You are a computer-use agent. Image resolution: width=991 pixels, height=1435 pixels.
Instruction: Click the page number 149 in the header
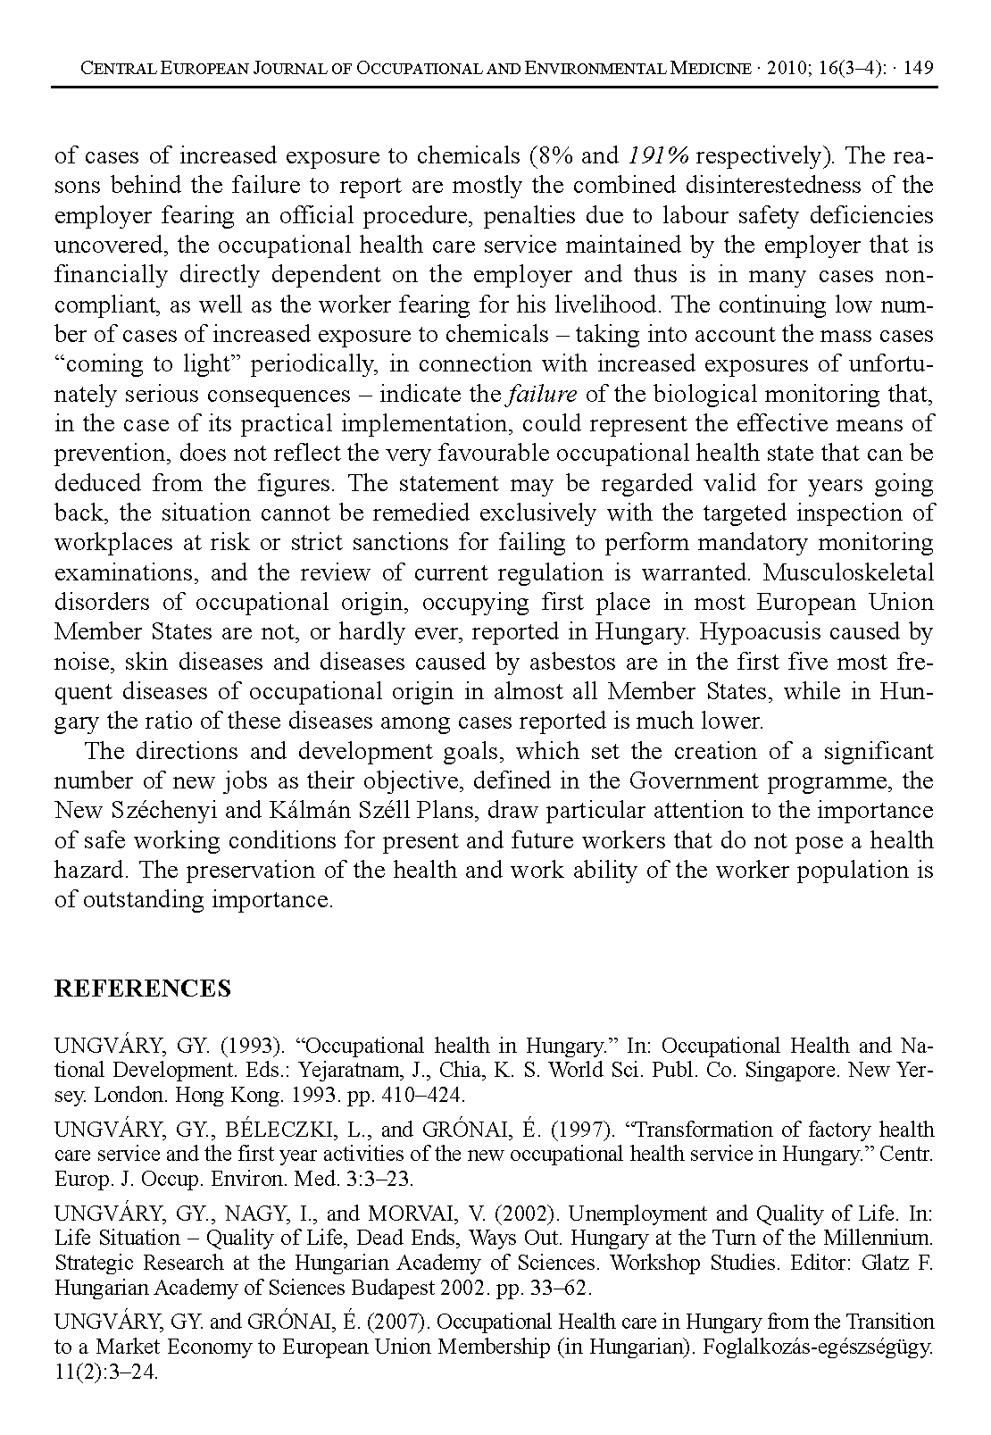(919, 69)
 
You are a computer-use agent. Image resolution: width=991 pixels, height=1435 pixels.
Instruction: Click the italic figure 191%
(657, 156)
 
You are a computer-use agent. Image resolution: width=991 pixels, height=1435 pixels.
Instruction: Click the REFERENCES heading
(143, 989)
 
